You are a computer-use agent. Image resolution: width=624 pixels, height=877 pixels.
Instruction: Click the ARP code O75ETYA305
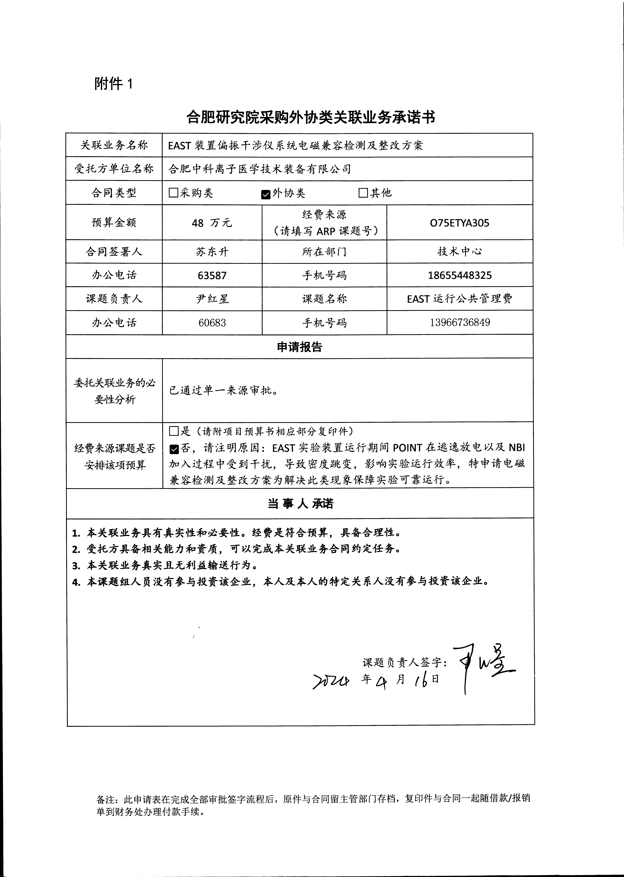point(460,223)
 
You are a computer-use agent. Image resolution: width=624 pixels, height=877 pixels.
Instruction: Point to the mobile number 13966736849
point(460,322)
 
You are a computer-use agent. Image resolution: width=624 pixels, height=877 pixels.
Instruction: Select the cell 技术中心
point(460,252)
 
